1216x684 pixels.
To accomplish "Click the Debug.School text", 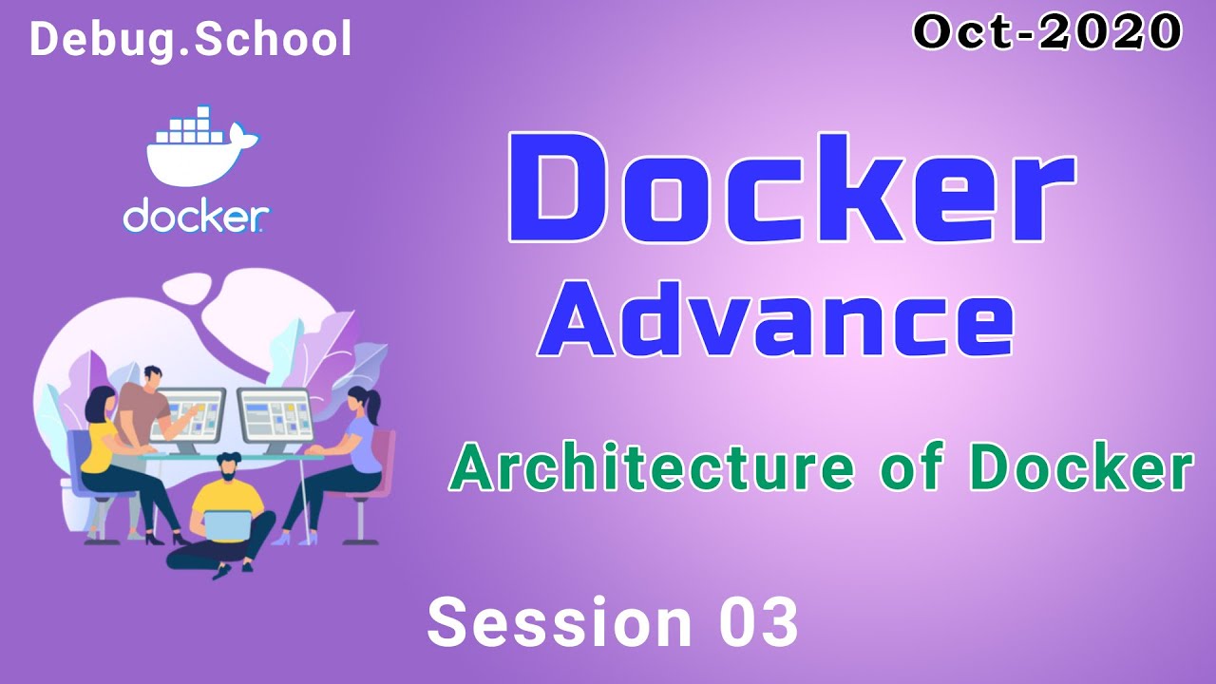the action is [x=191, y=39].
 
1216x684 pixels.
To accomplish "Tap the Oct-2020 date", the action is [x=1048, y=31].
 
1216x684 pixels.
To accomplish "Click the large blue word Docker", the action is [x=791, y=189].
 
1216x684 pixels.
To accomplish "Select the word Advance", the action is [x=775, y=318].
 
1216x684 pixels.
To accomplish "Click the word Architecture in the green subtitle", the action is [x=652, y=466].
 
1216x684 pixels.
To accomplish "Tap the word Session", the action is [x=560, y=622].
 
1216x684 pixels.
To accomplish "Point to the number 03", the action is [x=759, y=622].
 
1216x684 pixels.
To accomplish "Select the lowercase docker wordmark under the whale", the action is [x=196, y=218].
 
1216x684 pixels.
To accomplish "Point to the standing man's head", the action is [x=153, y=377].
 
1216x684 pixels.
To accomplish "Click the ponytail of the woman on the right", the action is [x=374, y=405].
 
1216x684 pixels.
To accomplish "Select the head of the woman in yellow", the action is [x=100, y=402].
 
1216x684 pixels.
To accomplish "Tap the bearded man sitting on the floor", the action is [x=222, y=516].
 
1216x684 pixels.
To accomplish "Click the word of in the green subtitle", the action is [x=910, y=466].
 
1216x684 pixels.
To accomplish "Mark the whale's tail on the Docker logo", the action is [x=243, y=136].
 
